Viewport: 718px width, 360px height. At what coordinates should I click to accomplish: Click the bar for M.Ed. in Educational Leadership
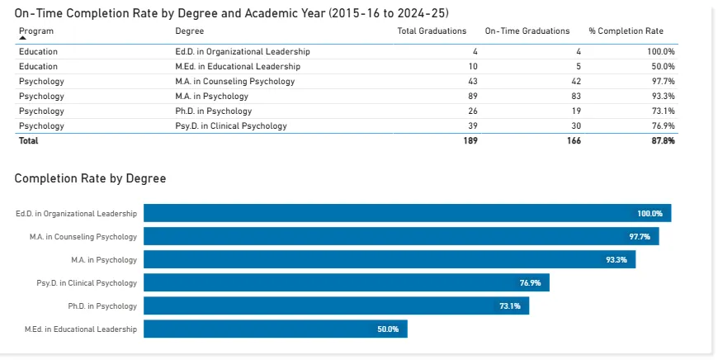click(276, 329)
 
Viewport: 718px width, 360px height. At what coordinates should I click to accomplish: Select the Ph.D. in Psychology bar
click(336, 306)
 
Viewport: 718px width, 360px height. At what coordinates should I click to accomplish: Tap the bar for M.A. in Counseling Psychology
click(401, 236)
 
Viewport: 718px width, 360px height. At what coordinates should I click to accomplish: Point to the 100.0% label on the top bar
click(650, 214)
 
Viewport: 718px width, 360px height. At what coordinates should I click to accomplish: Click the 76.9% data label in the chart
click(530, 283)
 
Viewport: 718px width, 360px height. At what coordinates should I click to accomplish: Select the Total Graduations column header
click(432, 31)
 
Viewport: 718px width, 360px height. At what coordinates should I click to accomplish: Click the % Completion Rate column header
click(626, 31)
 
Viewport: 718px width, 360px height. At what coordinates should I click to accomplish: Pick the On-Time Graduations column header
click(527, 31)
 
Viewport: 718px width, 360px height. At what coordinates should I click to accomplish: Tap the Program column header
click(37, 31)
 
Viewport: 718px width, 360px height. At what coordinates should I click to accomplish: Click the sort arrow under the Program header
click(23, 38)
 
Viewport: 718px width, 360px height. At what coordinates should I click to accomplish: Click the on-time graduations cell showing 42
click(575, 81)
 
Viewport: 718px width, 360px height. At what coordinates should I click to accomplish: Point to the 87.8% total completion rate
click(663, 140)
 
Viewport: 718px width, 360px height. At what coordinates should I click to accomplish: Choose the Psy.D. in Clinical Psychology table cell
click(225, 126)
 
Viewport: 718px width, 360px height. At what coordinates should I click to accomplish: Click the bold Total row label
click(29, 140)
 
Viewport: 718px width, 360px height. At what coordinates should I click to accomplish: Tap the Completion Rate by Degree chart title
click(90, 178)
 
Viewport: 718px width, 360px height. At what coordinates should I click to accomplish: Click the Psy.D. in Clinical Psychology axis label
click(87, 283)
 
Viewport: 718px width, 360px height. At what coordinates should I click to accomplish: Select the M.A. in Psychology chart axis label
click(104, 260)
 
